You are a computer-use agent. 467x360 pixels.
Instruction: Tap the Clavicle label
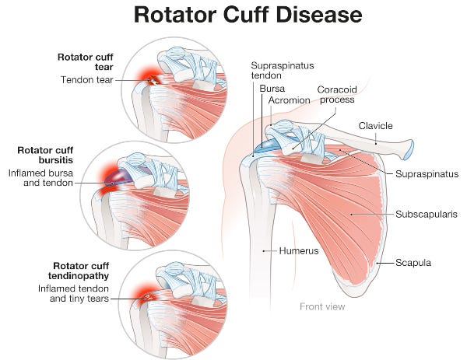click(x=375, y=125)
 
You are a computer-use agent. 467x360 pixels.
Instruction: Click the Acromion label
click(x=289, y=100)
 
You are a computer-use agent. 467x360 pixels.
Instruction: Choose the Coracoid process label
click(x=335, y=94)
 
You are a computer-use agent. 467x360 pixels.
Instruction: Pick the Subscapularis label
click(x=425, y=212)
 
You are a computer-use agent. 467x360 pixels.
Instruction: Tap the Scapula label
click(x=413, y=263)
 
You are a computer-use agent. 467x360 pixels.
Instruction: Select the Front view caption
click(x=322, y=306)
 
